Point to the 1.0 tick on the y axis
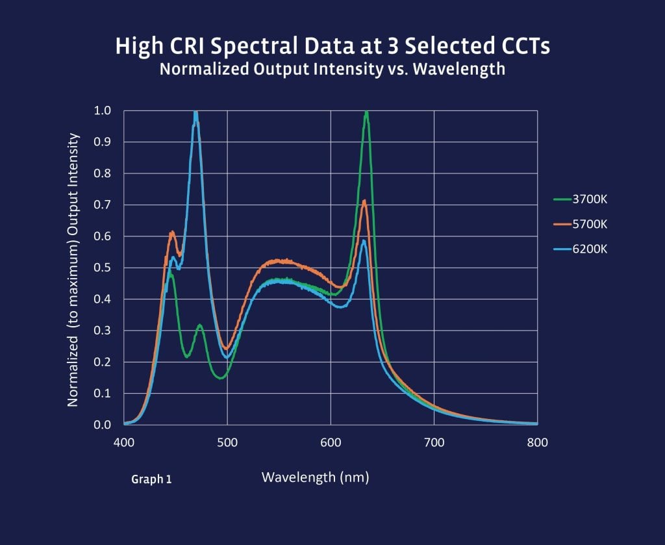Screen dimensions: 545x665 tap(103, 110)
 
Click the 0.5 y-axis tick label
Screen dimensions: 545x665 tap(103, 268)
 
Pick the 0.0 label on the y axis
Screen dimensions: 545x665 tap(103, 425)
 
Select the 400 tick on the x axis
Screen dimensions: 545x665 tap(123, 442)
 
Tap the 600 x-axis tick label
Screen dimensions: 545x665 tap(331, 442)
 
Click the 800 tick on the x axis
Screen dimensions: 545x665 tap(537, 442)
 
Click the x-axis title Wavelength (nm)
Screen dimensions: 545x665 tap(315, 477)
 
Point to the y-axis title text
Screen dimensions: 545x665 tap(73, 270)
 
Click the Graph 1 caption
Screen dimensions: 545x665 tap(151, 479)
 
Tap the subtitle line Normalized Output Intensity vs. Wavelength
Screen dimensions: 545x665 tap(332, 69)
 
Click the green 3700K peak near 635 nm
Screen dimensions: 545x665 tap(367, 112)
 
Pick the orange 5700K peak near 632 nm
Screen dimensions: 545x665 tap(364, 201)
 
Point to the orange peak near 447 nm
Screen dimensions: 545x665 tap(172, 233)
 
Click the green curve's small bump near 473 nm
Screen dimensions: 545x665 tap(200, 325)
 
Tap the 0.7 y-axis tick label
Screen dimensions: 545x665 tap(103, 205)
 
